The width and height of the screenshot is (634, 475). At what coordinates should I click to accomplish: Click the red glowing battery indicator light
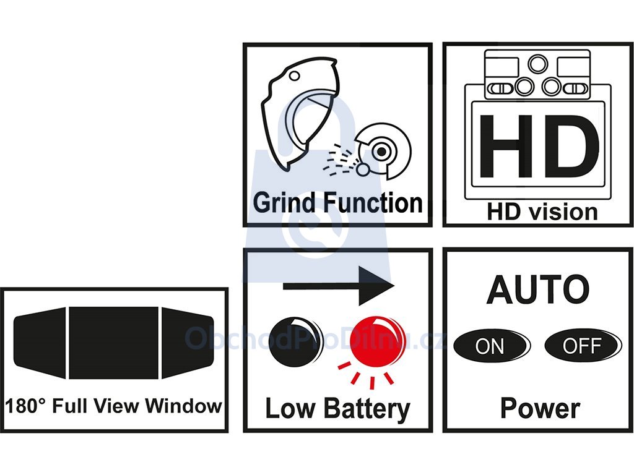[x=376, y=341]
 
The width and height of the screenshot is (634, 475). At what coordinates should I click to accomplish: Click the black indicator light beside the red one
[x=295, y=341]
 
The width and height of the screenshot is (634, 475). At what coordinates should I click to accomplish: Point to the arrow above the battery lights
[x=339, y=286]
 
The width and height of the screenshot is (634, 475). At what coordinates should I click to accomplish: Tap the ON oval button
[x=492, y=346]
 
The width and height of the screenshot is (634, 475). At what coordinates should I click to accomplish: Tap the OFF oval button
[x=583, y=346]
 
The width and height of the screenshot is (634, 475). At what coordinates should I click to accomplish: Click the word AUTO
[x=538, y=289]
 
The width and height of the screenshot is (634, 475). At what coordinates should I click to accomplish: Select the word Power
[x=540, y=409]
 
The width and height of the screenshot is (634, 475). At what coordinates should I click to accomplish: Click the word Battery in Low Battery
[x=367, y=409]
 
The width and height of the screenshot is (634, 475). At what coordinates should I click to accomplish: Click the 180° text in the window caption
[x=26, y=406]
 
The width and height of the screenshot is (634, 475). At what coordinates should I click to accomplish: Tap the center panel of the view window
[x=114, y=343]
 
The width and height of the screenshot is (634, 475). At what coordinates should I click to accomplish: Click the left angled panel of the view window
[x=40, y=343]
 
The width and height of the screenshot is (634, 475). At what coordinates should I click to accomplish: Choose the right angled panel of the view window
[x=188, y=343]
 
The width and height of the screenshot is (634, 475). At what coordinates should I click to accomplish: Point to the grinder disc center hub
[x=381, y=152]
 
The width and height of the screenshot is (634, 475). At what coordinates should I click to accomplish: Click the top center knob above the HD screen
[x=538, y=64]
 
